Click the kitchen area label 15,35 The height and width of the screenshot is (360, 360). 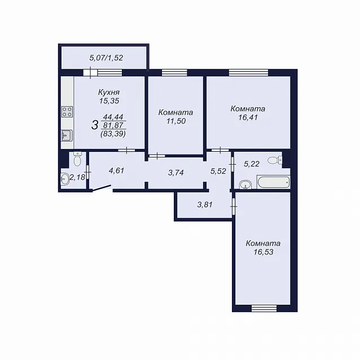(x=109, y=101)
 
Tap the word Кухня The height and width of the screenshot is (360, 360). (x=109, y=93)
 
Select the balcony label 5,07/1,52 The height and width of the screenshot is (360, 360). (x=106, y=58)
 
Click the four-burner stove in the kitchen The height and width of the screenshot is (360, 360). (x=67, y=112)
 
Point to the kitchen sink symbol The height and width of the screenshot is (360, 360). (x=67, y=135)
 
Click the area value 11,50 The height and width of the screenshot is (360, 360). (x=176, y=121)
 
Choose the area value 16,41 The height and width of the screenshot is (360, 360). (x=248, y=117)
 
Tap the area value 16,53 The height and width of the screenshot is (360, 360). (x=264, y=252)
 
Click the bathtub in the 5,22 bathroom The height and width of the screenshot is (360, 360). (x=274, y=182)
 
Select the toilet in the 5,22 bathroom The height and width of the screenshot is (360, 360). (x=275, y=160)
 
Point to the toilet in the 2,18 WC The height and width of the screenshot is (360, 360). (x=77, y=159)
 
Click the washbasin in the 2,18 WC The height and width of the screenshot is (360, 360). (x=65, y=179)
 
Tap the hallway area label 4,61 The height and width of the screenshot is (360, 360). (x=117, y=171)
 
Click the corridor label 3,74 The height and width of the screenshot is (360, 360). (x=176, y=173)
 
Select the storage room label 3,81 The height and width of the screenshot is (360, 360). (x=205, y=204)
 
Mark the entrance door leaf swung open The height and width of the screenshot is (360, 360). (x=102, y=188)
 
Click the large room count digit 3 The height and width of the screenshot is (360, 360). (x=95, y=125)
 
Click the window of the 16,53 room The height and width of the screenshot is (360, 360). (x=264, y=308)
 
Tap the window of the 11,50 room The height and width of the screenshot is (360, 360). (x=174, y=73)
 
